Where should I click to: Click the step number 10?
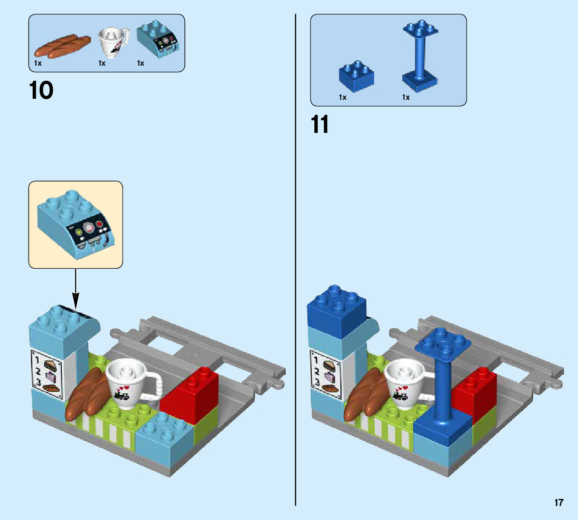click(41, 91)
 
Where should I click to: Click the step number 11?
click(320, 124)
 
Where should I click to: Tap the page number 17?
click(559, 502)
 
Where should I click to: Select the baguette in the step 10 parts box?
click(62, 46)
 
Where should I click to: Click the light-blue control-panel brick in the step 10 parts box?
click(158, 40)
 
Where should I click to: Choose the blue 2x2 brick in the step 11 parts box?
click(356, 76)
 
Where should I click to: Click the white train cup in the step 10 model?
click(129, 382)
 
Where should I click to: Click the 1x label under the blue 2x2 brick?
click(342, 97)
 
